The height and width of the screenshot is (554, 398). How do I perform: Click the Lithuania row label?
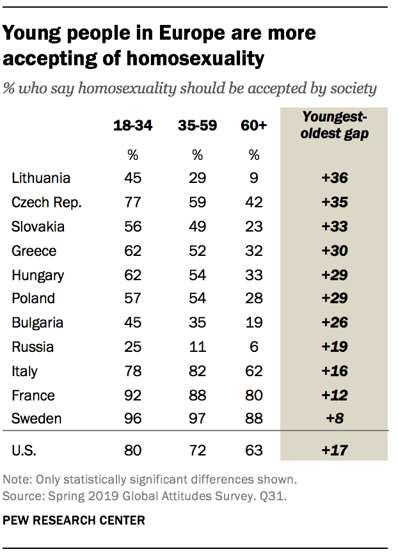click(41, 178)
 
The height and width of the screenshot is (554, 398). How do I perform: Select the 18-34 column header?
click(132, 126)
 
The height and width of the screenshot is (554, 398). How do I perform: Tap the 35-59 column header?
click(198, 126)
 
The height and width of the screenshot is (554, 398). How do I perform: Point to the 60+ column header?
click(253, 126)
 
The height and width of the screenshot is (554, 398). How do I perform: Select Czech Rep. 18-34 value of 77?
click(132, 202)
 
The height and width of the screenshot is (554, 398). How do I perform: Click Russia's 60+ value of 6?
click(254, 347)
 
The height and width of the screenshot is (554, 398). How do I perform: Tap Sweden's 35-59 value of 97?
click(198, 419)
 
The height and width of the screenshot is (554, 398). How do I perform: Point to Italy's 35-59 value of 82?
click(198, 371)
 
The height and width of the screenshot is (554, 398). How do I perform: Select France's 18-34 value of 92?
click(132, 395)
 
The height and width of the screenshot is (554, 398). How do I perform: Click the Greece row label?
click(34, 250)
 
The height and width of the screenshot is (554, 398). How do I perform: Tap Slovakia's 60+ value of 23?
click(254, 226)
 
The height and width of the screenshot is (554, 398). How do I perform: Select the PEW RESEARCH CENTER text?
click(74, 521)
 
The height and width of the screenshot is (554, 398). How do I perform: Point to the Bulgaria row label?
click(38, 322)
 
